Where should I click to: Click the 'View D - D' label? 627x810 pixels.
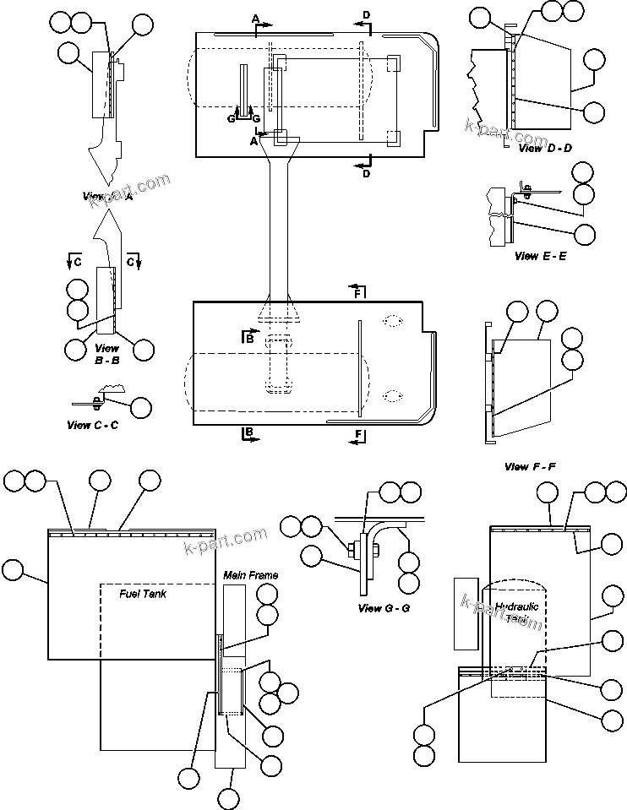[x=544, y=148]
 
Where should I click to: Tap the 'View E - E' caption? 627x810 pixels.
[x=539, y=255]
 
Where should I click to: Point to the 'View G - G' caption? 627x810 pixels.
[x=384, y=608]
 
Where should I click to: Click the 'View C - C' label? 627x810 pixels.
[x=92, y=425]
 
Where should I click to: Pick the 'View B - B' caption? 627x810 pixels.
[x=107, y=353]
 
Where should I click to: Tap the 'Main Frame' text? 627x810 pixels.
[x=250, y=575]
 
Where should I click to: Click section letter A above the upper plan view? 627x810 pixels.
[x=255, y=18]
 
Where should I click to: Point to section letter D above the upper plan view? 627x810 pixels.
[x=366, y=15]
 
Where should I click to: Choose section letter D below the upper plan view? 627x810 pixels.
[x=366, y=174]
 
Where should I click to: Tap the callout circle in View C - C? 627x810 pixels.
[x=140, y=408]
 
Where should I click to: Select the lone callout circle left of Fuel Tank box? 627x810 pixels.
[x=14, y=569]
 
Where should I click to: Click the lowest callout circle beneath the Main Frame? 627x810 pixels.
[x=227, y=798]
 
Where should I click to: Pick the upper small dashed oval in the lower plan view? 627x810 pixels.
[x=392, y=321]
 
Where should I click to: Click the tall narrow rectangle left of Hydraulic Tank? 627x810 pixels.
[x=466, y=613]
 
